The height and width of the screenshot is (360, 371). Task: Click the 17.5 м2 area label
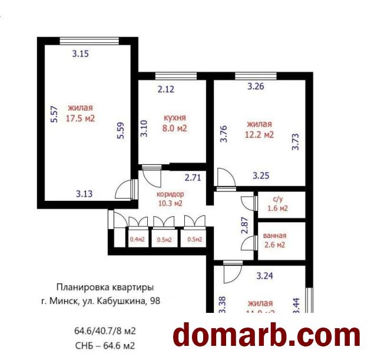click(x=81, y=118)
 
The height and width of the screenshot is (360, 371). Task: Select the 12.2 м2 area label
click(x=260, y=135)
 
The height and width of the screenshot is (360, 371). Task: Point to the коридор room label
click(x=170, y=194)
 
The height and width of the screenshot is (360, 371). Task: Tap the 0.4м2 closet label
click(x=137, y=240)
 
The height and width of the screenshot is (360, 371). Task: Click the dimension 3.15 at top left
click(x=81, y=54)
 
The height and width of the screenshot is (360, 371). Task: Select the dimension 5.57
click(x=54, y=114)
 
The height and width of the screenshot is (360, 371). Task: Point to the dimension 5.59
click(x=121, y=130)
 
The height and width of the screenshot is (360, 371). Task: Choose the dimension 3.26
click(x=256, y=87)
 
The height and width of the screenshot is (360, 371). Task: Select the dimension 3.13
click(x=85, y=192)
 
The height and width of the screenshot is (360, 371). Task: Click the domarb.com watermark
click(x=266, y=335)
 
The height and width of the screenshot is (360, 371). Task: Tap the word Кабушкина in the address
click(x=124, y=300)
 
